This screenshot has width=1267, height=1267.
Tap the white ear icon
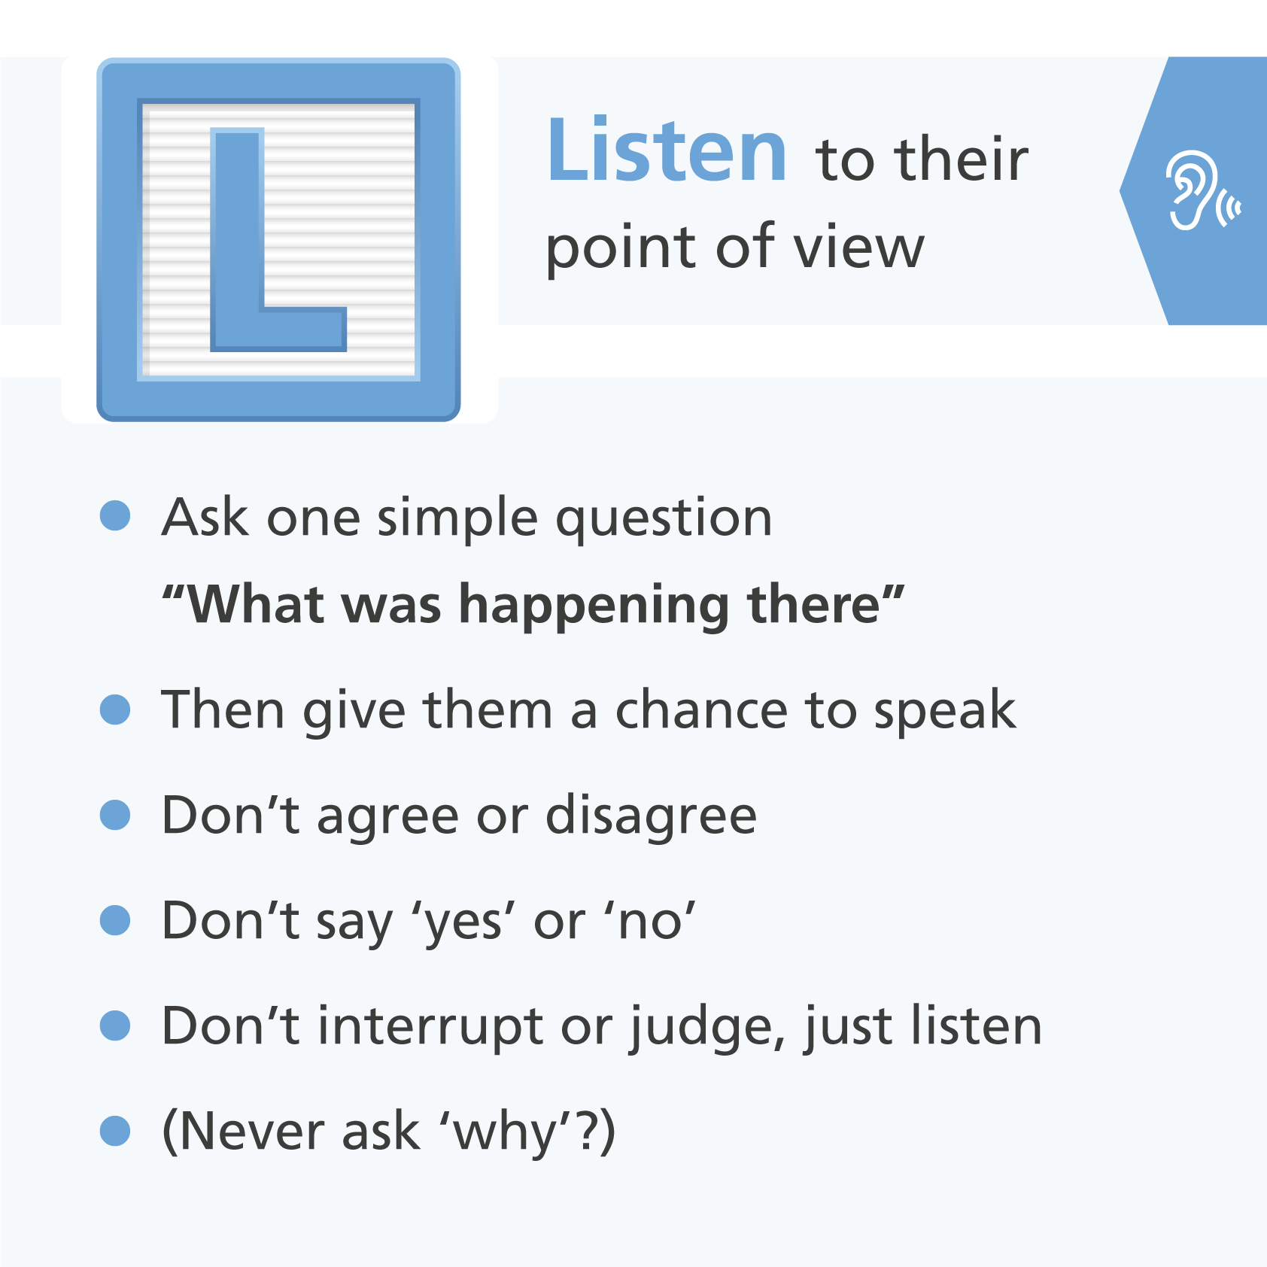point(1202,190)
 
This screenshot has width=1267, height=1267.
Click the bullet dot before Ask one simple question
point(115,515)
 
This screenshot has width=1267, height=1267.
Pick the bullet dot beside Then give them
point(115,709)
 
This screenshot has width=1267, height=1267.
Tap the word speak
point(945,712)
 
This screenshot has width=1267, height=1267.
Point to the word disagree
point(651,817)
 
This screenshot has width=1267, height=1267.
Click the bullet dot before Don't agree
point(115,815)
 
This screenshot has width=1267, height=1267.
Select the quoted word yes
point(463,924)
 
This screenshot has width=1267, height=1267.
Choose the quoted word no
point(649,922)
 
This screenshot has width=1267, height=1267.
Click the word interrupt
point(430,1028)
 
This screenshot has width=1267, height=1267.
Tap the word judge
point(707,1028)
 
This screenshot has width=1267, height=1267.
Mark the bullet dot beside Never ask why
point(115,1131)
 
